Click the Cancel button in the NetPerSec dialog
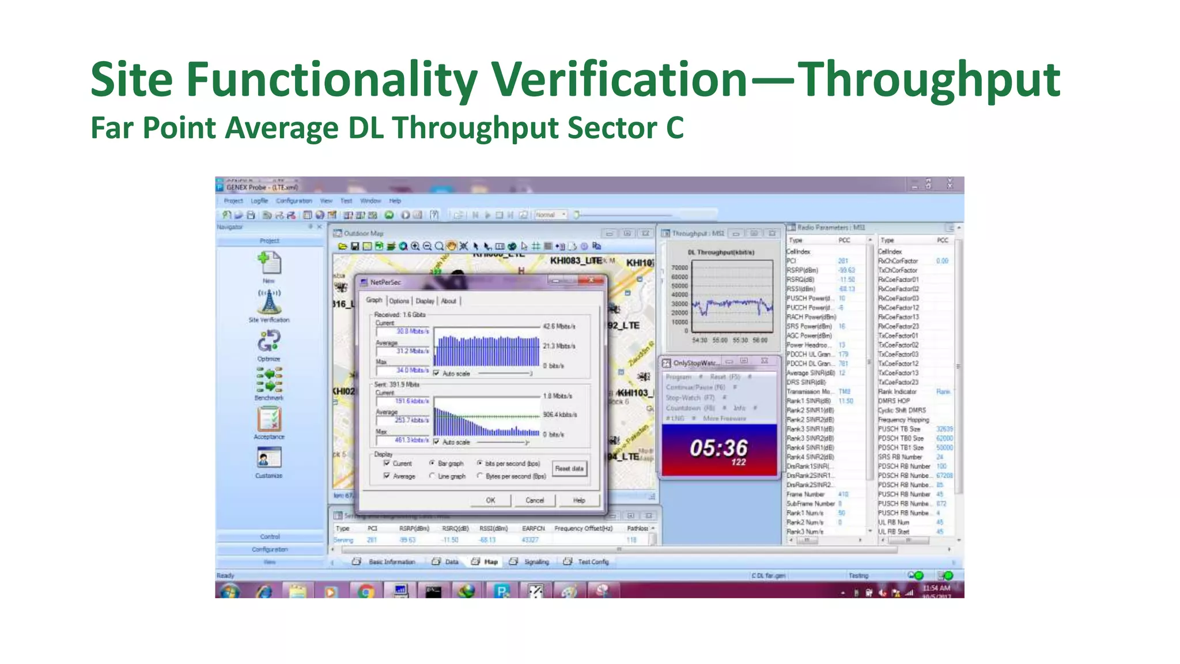click(534, 500)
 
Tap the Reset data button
click(569, 469)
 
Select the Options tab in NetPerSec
click(399, 301)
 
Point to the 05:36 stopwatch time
click(718, 448)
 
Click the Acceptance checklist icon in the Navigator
click(269, 420)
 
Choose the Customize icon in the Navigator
click(269, 459)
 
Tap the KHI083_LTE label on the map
click(576, 261)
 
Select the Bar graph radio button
click(432, 463)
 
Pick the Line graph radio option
click(432, 476)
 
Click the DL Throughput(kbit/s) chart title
click(721, 252)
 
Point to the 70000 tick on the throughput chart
click(679, 268)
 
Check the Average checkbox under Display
click(387, 476)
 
